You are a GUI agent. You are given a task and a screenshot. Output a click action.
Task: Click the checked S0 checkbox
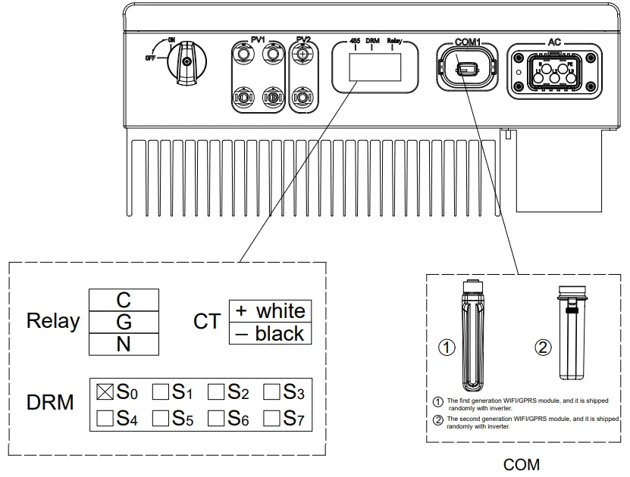click(x=105, y=391)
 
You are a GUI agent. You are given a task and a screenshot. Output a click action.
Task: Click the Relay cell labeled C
click(x=124, y=300)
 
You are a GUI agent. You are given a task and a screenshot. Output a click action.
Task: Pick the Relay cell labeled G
click(x=124, y=322)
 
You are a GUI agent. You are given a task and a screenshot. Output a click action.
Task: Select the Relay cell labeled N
click(x=124, y=344)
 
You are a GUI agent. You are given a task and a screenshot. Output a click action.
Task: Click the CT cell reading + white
click(x=270, y=311)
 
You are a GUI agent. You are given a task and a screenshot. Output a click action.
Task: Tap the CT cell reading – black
click(x=270, y=333)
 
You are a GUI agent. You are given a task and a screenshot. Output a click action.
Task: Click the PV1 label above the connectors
click(x=260, y=39)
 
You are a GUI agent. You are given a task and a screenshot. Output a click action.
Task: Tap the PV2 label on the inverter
click(x=304, y=39)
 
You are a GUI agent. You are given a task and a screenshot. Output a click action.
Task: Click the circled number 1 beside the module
click(x=447, y=348)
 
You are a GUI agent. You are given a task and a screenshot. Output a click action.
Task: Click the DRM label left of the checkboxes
click(x=51, y=403)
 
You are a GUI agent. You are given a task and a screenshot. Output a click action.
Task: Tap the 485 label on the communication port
click(x=354, y=41)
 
